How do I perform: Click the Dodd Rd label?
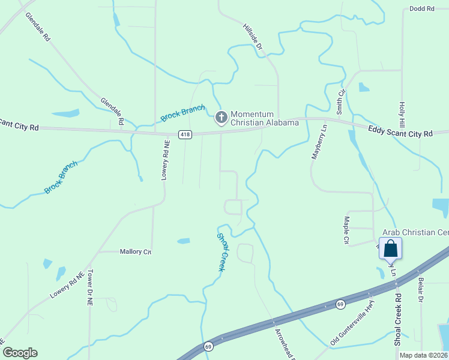pyautogui.click(x=421, y=8)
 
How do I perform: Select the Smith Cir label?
pyautogui.click(x=340, y=102)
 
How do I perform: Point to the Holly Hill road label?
pyautogui.click(x=403, y=113)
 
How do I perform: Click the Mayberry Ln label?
pyautogui.click(x=319, y=141)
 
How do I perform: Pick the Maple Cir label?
pyautogui.click(x=346, y=231)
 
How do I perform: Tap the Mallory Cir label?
pyautogui.click(x=135, y=252)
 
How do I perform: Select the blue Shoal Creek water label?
pyautogui.click(x=220, y=253)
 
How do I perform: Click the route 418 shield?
pyautogui.click(x=185, y=134)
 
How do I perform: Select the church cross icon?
pyautogui.click(x=221, y=117)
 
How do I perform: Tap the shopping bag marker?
pyautogui.click(x=390, y=248)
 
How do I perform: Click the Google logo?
pyautogui.click(x=20, y=353)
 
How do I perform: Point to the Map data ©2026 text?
pyautogui.click(x=423, y=355)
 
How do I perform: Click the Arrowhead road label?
pyautogui.click(x=284, y=343)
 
